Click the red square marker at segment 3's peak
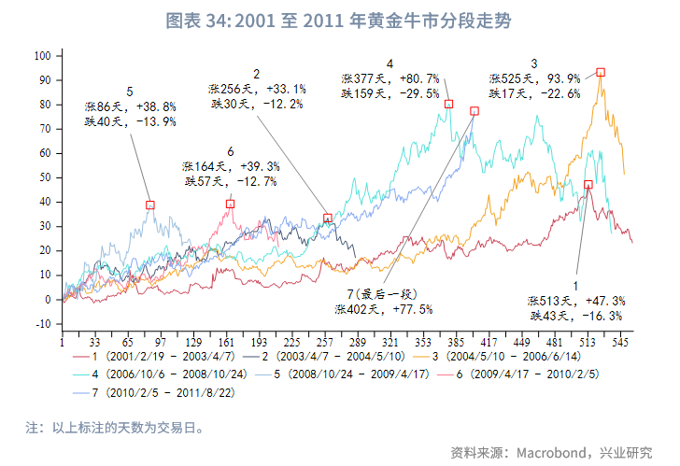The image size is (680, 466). coord(601,72)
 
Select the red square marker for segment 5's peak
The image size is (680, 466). coord(149,205)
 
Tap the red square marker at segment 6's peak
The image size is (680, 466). coord(230,204)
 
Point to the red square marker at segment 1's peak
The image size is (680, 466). coord(588,185)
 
